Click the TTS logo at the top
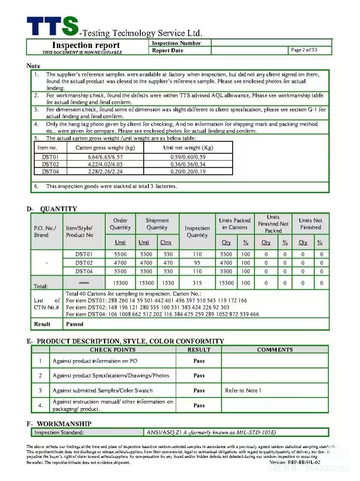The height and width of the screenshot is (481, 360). coord(52,27)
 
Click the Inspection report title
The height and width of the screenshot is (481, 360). coord(86,45)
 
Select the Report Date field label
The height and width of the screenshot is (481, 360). coord(168,50)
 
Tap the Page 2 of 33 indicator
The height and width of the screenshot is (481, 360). coord(304,50)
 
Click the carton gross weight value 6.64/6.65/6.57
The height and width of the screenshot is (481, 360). coord(105,157)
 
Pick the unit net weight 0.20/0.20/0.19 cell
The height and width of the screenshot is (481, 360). coord(188,172)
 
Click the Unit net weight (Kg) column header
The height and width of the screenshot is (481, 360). coord(188,148)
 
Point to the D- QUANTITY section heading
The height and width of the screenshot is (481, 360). coord(52,209)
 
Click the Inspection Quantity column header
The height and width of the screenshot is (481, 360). coord(197,232)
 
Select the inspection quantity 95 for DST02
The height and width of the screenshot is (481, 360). coord(197,263)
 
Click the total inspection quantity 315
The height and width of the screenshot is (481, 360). coord(197,283)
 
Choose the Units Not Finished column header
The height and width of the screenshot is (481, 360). coord(310,224)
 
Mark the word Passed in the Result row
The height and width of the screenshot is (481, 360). coord(75,324)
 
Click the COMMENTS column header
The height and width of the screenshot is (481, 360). coord(274,350)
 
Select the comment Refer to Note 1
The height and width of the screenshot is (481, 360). coord(243,390)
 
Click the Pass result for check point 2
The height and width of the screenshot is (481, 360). coord(199,375)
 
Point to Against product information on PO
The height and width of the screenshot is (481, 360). coord(95,361)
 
